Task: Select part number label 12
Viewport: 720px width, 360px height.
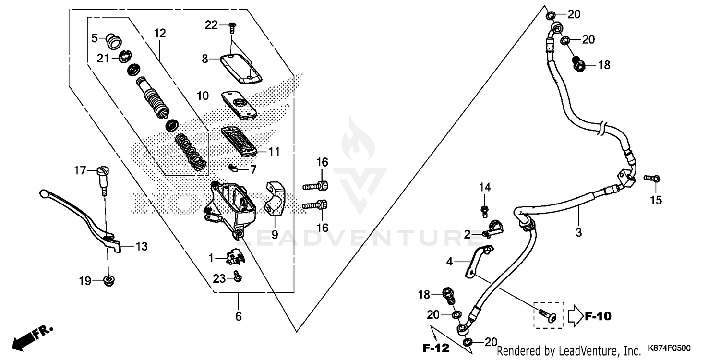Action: (x=160, y=33)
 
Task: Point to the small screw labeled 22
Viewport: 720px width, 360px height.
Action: (x=233, y=27)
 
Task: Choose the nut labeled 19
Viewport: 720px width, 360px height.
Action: (x=109, y=281)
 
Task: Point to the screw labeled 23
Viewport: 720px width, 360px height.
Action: (x=237, y=276)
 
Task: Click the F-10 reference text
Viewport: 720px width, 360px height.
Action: (x=598, y=316)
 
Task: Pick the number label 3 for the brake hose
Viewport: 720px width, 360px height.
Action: (x=578, y=232)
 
